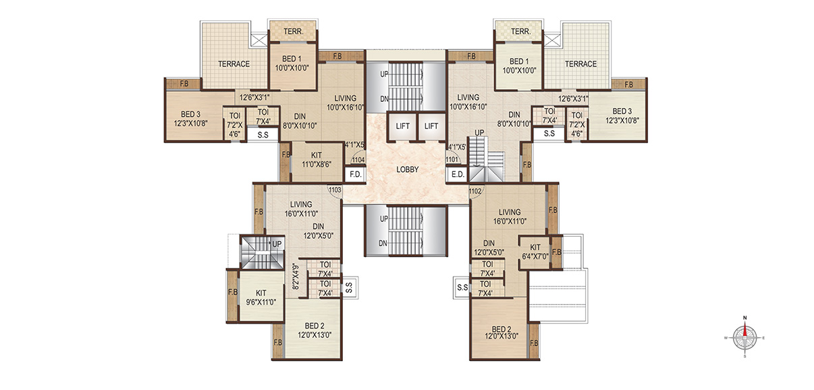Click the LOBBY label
click(x=408, y=169)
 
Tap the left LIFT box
click(x=402, y=127)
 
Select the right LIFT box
click(x=431, y=127)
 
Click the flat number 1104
click(x=358, y=160)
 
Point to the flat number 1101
click(x=452, y=160)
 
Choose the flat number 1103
click(x=335, y=190)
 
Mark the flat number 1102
click(x=475, y=192)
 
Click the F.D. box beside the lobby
click(x=356, y=174)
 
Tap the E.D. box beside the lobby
click(x=458, y=174)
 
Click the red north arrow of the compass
click(x=745, y=331)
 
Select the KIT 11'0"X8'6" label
click(x=317, y=160)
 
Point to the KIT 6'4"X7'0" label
click(x=535, y=252)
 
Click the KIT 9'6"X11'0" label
click(x=261, y=298)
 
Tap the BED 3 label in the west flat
click(x=190, y=119)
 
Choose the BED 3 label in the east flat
click(x=622, y=115)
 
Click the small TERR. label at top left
click(x=293, y=32)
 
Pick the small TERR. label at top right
click(x=521, y=32)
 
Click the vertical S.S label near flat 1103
click(x=349, y=288)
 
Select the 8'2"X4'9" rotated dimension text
click(x=296, y=276)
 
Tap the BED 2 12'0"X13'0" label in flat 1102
click(x=501, y=333)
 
